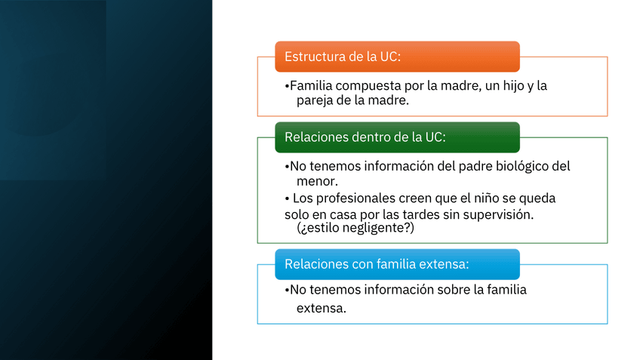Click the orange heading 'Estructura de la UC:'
(x=343, y=57)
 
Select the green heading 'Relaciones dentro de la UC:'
(x=365, y=137)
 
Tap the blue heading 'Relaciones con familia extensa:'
(x=377, y=264)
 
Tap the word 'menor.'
(x=317, y=181)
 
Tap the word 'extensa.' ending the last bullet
(x=322, y=309)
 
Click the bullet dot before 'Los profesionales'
(x=288, y=199)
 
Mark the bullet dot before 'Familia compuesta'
(x=287, y=87)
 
